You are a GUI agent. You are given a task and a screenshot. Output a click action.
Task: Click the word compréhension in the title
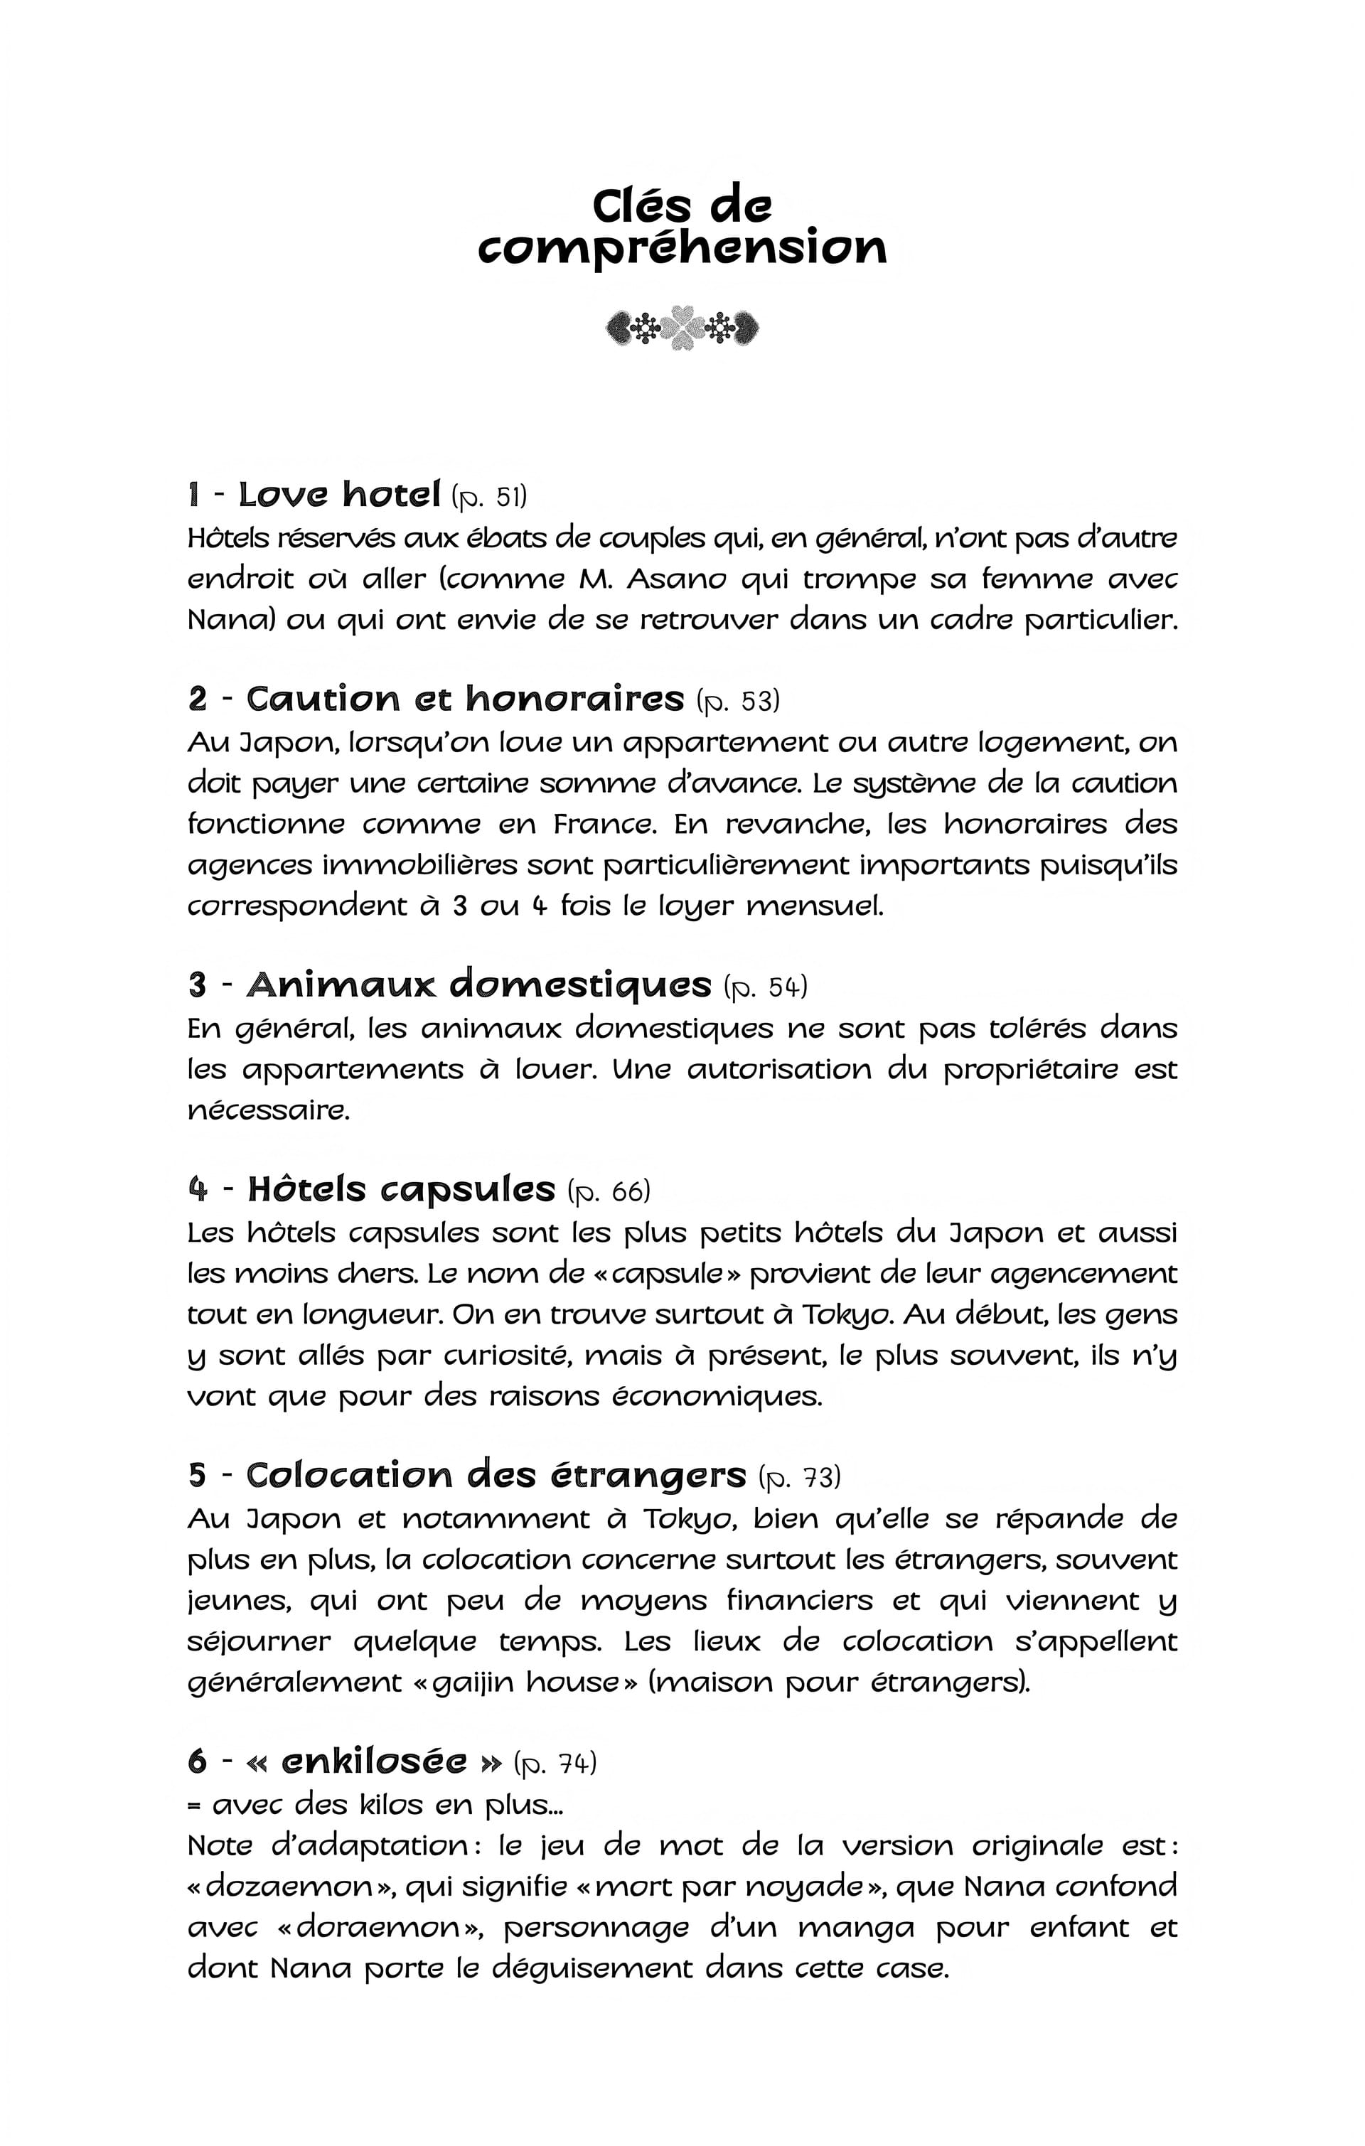[x=682, y=249]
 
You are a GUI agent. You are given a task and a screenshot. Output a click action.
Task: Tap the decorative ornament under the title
[x=682, y=328]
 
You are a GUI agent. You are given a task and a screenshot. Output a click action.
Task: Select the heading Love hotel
[x=339, y=494]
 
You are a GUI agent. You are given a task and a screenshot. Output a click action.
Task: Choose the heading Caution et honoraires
[x=464, y=699]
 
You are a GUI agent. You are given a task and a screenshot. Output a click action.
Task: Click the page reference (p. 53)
[x=737, y=702]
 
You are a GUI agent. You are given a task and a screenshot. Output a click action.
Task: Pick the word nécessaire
[x=268, y=1110]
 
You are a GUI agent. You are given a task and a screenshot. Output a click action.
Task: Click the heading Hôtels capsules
[x=401, y=1190]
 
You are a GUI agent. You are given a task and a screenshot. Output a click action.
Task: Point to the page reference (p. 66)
[x=609, y=1191]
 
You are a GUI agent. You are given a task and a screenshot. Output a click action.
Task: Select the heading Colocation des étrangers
[x=496, y=1475]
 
